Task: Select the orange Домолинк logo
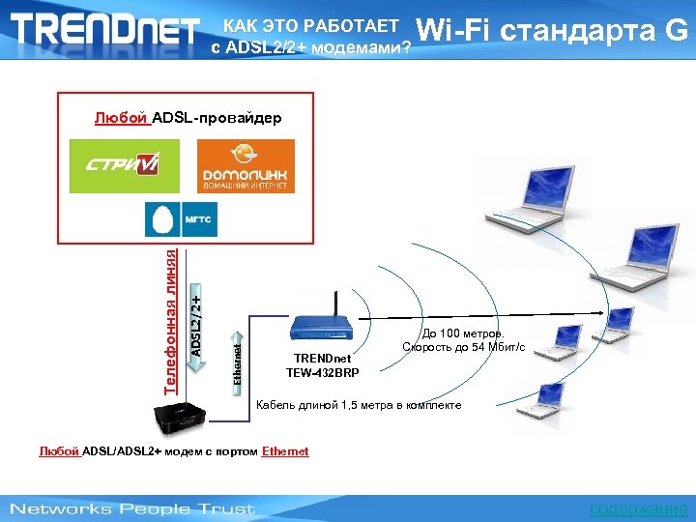(246, 166)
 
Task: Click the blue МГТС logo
(182, 219)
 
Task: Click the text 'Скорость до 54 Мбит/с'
(464, 346)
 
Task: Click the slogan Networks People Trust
(132, 508)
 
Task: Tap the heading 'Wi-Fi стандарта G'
(556, 31)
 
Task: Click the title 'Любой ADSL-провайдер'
(188, 118)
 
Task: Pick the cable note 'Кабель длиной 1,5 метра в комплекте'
(358, 405)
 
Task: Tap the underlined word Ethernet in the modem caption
(285, 451)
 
